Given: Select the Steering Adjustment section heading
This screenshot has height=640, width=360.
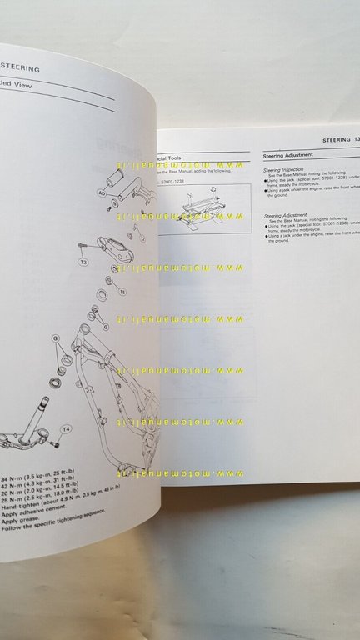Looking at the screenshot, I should tap(288, 155).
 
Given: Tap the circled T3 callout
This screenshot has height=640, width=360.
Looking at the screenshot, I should tap(83, 262).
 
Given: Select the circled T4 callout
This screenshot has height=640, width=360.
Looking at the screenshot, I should tap(67, 429).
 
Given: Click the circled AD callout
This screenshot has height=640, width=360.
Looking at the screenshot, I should tap(101, 191).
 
